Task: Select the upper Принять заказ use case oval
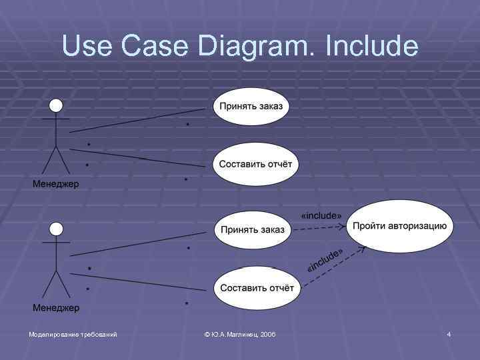(251, 106)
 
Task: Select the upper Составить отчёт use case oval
(254, 164)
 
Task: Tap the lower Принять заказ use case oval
(252, 229)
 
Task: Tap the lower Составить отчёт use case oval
(255, 288)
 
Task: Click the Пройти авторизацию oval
(400, 225)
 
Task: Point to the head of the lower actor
(56, 229)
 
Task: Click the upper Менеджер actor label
(56, 184)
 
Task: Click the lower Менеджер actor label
(56, 307)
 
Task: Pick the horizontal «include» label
(321, 215)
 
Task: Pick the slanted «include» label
(325, 260)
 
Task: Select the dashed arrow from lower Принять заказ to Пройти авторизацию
(320, 228)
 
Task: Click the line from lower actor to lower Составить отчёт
(140, 282)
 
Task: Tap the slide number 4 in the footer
(449, 333)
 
